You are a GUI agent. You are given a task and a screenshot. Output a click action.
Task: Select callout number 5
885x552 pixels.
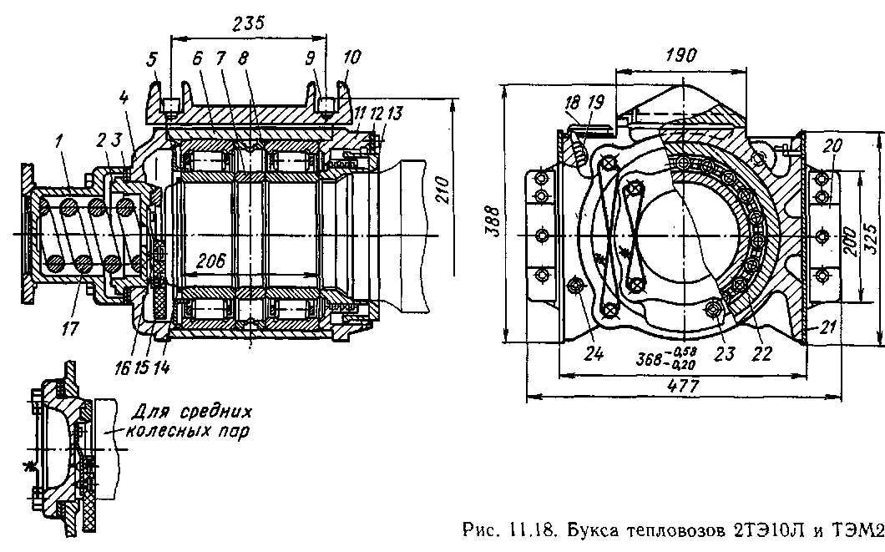click(152, 59)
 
